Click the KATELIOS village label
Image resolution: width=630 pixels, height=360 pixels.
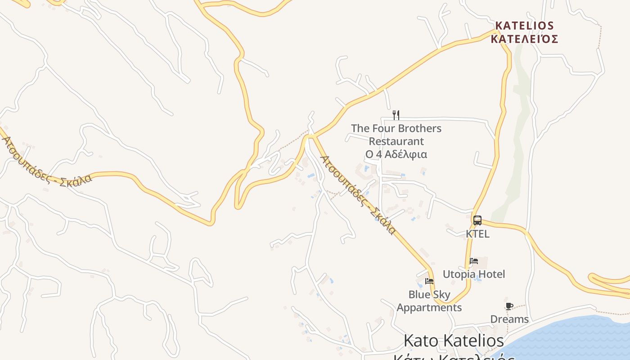tap(524, 25)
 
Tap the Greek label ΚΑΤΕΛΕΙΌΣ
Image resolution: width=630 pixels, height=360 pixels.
tap(524, 39)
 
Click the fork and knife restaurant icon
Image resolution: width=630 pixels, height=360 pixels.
tap(396, 115)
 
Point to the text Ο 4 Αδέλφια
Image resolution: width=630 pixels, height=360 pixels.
tap(396, 154)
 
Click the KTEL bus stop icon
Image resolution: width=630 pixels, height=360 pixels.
tap(477, 220)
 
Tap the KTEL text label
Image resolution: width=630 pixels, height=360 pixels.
tap(477, 234)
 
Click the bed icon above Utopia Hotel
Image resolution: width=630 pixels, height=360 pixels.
tap(473, 261)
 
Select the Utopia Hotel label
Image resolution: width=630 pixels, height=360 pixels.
tap(474, 274)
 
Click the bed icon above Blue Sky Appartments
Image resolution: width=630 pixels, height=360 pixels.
tap(429, 281)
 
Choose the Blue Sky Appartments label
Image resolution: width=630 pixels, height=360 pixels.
tap(429, 301)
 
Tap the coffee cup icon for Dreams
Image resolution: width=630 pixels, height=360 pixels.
tap(509, 306)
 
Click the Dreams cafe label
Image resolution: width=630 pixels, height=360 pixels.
tap(509, 319)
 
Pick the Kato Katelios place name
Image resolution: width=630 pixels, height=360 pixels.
tap(454, 341)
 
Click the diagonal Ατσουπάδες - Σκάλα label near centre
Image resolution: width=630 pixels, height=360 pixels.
tap(359, 195)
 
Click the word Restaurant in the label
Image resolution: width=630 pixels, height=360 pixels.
tap(396, 141)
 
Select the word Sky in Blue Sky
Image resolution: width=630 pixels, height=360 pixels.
tap(441, 295)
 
